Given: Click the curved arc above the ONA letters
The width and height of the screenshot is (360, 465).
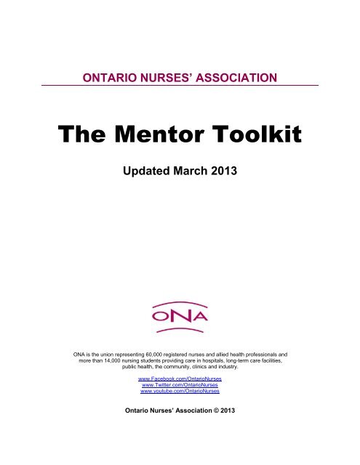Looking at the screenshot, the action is tap(180, 301).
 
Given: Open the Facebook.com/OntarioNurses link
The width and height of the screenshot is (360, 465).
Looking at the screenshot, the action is tap(180, 379).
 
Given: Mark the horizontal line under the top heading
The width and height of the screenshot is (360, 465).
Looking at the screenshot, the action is tap(180, 86).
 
